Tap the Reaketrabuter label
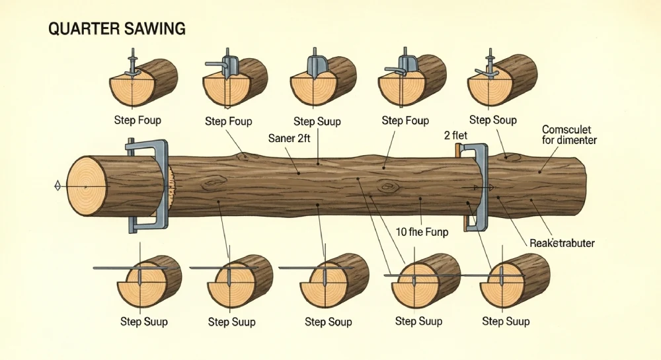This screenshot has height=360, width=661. pyautogui.click(x=562, y=243)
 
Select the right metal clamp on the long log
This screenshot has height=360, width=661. pyautogui.click(x=482, y=188)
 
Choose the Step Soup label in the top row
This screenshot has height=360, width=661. pyautogui.click(x=493, y=120)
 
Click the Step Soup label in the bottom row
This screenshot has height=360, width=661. pyautogui.click(x=328, y=322)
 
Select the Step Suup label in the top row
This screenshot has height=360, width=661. pyautogui.click(x=317, y=120)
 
